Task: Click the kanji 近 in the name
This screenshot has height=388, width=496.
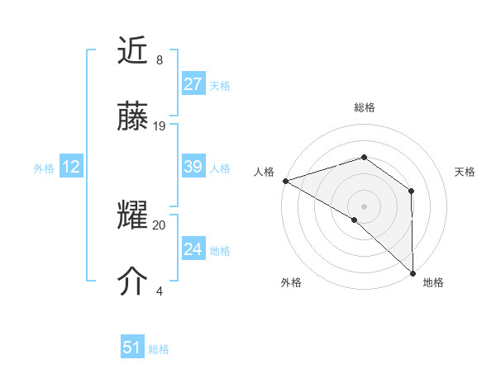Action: coord(133,52)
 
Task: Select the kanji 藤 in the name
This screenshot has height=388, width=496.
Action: coord(133,117)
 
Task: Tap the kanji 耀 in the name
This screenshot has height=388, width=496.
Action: coord(133,217)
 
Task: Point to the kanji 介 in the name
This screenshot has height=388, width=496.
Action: coord(133,282)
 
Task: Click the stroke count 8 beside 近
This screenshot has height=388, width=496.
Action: coord(159,60)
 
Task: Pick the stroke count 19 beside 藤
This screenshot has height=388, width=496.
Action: coord(160,125)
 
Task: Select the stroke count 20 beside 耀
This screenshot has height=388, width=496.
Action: coord(160,225)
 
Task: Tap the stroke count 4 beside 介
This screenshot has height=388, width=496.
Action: coord(159,291)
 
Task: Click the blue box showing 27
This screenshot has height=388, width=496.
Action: coord(193,84)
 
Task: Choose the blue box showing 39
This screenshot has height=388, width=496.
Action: coord(193,167)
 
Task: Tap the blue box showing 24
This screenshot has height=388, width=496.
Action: coord(193,248)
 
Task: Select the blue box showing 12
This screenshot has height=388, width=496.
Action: coord(71,167)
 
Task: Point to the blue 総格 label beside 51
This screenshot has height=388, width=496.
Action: coord(159,349)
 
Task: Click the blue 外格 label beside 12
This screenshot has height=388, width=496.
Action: coord(44,168)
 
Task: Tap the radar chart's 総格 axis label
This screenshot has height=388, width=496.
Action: coord(364,107)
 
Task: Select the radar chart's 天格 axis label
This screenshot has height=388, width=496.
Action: coord(465,172)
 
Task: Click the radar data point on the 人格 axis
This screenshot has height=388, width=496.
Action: coord(285,181)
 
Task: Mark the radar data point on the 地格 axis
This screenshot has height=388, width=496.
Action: coord(413,272)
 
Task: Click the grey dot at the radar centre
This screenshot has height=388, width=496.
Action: coord(364,206)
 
